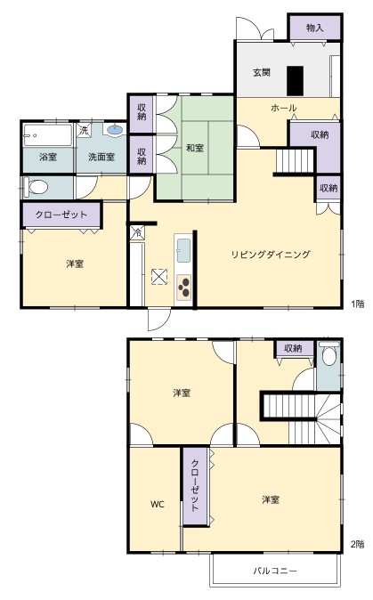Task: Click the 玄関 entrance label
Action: pyautogui.click(x=262, y=72)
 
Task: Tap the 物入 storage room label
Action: pyautogui.click(x=315, y=28)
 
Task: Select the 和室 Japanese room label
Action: pyautogui.click(x=195, y=148)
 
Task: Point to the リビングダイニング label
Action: pyautogui.click(x=271, y=255)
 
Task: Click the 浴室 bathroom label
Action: pyautogui.click(x=48, y=157)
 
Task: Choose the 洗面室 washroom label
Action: pyautogui.click(x=101, y=157)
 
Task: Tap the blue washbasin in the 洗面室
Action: pyautogui.click(x=115, y=130)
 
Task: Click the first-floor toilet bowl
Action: pyautogui.click(x=36, y=187)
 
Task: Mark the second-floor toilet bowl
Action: pyautogui.click(x=328, y=355)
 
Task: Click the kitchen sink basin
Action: pyautogui.click(x=184, y=250)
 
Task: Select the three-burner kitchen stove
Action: pyautogui.click(x=184, y=287)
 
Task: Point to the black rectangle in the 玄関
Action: pyautogui.click(x=295, y=81)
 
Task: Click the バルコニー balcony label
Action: pyautogui.click(x=275, y=571)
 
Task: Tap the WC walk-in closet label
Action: pyautogui.click(x=158, y=505)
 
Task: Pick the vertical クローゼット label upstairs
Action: pyautogui.click(x=195, y=485)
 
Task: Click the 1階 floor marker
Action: pyautogui.click(x=358, y=304)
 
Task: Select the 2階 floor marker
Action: pyautogui.click(x=358, y=545)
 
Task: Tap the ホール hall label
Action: pyautogui.click(x=283, y=108)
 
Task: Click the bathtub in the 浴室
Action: pyautogui.click(x=47, y=135)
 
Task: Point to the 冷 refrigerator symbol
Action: pyautogui.click(x=137, y=232)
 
